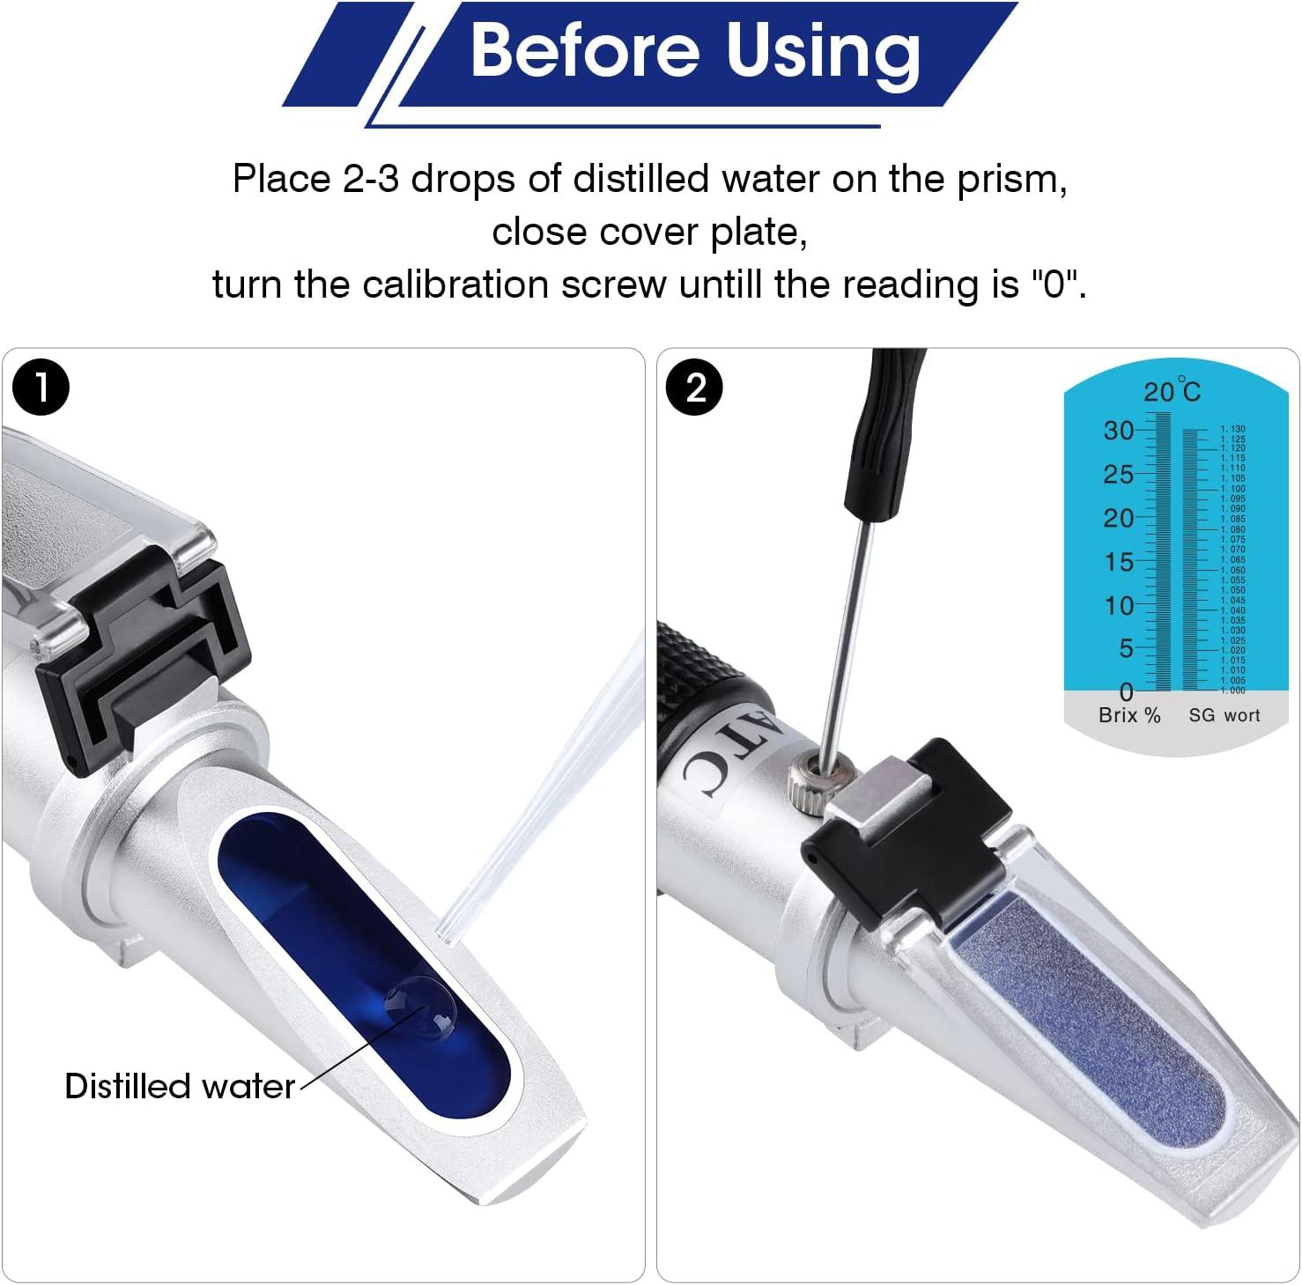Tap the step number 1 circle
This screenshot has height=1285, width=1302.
coord(41,388)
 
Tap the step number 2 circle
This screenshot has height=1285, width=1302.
coord(695,388)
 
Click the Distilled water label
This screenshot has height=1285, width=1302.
coord(180,1086)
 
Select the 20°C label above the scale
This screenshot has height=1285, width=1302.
coord(1172,390)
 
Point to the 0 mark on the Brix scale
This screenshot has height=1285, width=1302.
coord(1126,691)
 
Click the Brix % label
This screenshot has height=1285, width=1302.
coord(1129,715)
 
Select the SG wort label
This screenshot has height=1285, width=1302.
coord(1224,715)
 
